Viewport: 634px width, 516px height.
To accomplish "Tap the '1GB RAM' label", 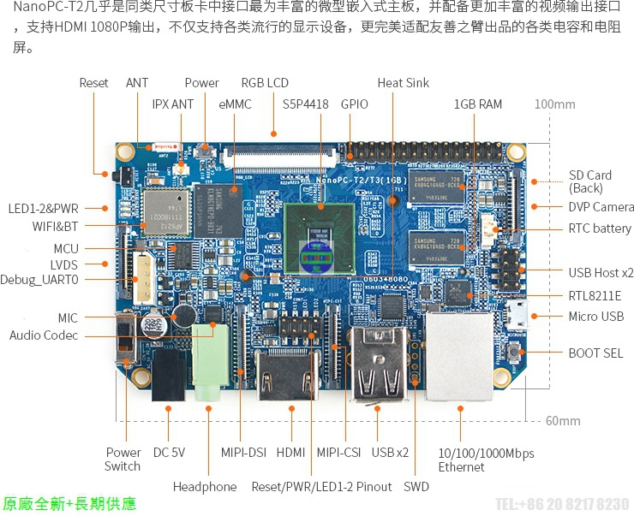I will click(x=478, y=104).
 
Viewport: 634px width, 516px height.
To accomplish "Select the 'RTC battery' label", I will click(x=600, y=228).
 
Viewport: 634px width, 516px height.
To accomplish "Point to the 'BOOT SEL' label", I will click(x=595, y=353).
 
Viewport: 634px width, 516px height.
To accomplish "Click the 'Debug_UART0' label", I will click(x=39, y=280).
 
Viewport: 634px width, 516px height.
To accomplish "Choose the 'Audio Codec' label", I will click(x=44, y=335).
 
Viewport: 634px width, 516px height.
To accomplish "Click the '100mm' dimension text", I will click(x=554, y=104).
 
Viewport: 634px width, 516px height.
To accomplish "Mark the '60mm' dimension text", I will click(x=563, y=420).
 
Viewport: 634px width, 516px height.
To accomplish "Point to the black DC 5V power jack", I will click(x=170, y=383).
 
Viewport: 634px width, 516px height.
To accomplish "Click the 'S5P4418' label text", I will click(x=306, y=104).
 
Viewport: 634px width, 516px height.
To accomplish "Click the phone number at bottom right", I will click(x=562, y=503).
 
